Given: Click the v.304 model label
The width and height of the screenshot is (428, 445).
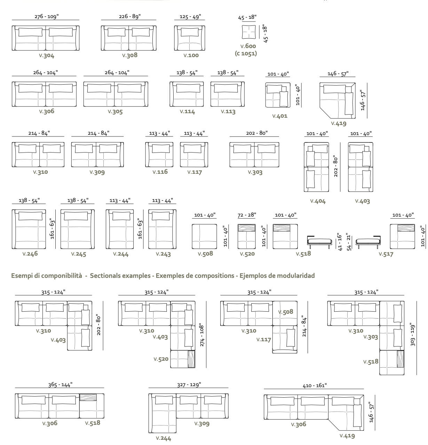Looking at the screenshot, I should pos(47,55).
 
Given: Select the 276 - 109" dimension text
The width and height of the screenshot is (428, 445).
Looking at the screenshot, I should pos(46,17).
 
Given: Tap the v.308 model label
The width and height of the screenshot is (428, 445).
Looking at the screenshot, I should pos(130,55).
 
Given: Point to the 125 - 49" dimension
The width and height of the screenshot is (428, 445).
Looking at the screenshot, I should pos(190,17).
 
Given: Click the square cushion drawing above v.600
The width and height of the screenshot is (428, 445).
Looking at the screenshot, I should pos(248,32).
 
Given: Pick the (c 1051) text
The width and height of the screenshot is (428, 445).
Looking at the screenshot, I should pos(246,53).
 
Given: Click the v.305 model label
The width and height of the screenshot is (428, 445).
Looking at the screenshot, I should pos(115,112).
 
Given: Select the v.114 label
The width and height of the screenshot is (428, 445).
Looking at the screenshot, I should pos(187,112).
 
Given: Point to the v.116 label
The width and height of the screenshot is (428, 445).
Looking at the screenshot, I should pos(160,172).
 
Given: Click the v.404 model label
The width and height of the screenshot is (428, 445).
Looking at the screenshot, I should pos(318,201).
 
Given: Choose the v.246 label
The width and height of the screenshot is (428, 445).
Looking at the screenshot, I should pos(30,254).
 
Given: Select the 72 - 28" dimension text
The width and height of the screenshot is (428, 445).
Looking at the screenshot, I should pos(247,215).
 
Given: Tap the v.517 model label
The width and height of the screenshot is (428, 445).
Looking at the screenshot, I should pos(386,254).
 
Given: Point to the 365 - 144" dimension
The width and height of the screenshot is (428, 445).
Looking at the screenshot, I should pos(60,385).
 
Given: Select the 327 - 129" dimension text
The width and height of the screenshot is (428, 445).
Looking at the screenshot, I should pos(189,385).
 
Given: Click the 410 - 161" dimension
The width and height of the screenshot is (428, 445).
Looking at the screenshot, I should pos(314,385).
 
